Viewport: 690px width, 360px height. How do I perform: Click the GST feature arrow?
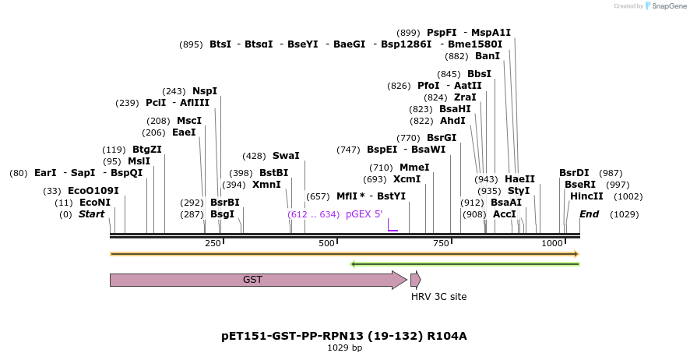click(257, 280)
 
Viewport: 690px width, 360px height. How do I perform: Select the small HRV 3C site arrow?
click(416, 280)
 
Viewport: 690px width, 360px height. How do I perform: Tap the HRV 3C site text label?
click(438, 297)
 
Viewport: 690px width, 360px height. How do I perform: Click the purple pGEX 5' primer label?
click(364, 214)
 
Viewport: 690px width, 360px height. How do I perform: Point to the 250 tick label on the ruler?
click(213, 244)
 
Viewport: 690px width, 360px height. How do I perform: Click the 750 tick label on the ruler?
click(441, 244)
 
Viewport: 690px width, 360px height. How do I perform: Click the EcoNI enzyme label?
click(94, 203)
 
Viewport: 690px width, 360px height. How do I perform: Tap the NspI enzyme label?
click(205, 91)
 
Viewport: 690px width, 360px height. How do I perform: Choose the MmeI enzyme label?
click(414, 168)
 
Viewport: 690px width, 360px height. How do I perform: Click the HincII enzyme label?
click(586, 196)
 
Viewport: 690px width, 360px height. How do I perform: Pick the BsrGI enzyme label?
click(442, 138)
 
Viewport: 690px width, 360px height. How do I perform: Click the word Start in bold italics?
click(91, 214)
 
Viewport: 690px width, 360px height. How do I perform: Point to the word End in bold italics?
click(589, 214)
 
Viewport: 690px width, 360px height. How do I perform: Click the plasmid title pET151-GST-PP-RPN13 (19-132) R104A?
click(344, 336)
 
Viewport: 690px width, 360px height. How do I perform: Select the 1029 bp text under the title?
click(344, 348)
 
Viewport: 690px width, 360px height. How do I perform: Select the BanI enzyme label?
click(488, 56)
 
